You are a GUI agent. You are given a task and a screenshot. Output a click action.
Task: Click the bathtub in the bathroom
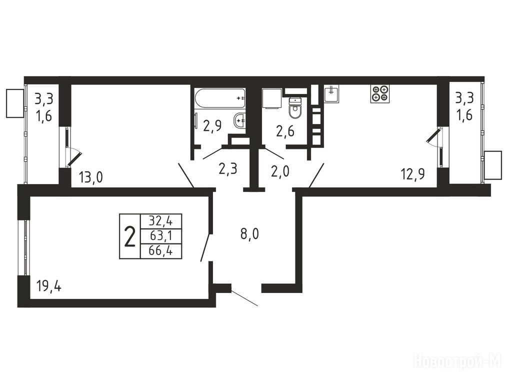[220, 99]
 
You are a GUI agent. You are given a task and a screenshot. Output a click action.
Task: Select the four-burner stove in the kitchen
[379, 93]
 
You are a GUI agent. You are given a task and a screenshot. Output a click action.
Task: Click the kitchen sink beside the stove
[331, 94]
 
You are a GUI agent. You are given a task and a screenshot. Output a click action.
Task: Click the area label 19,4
[49, 286]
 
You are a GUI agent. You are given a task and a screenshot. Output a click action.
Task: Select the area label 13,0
[90, 177]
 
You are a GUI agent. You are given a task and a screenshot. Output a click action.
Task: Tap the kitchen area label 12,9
[413, 174]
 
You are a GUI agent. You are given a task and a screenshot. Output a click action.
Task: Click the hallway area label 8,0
[249, 233]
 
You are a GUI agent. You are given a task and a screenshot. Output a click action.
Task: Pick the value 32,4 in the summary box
[160, 221]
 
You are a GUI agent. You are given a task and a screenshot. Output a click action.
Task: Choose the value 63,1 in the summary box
[160, 236]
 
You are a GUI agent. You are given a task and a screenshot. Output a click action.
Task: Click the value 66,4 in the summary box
[160, 250]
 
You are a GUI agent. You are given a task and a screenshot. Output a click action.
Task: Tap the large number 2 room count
[130, 236]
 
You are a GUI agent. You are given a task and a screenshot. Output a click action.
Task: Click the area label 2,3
[228, 169]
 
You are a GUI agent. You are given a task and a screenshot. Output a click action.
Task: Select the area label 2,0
[280, 171]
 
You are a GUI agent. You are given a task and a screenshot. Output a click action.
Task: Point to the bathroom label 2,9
[212, 125]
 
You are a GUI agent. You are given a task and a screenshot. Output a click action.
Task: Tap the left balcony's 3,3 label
[44, 99]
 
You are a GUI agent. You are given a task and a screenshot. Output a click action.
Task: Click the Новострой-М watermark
[457, 360]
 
